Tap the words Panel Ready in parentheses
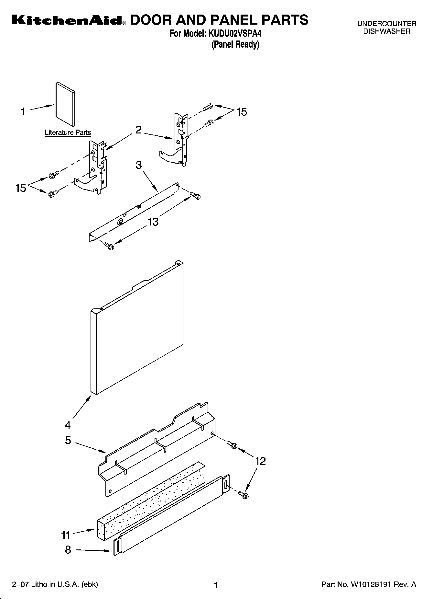coord(235,44)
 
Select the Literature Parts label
coord(68,132)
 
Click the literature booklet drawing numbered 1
coord(65,104)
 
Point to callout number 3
coord(139,165)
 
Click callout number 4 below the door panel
coord(68,424)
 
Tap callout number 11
coord(66,535)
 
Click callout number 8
coord(68,550)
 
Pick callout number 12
coord(260,461)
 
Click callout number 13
coord(153,222)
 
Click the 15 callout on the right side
coord(242,112)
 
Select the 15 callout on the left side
coord(21,188)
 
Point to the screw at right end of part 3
coord(195,195)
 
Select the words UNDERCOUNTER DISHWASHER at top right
coord(387,28)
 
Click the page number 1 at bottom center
coord(216,585)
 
